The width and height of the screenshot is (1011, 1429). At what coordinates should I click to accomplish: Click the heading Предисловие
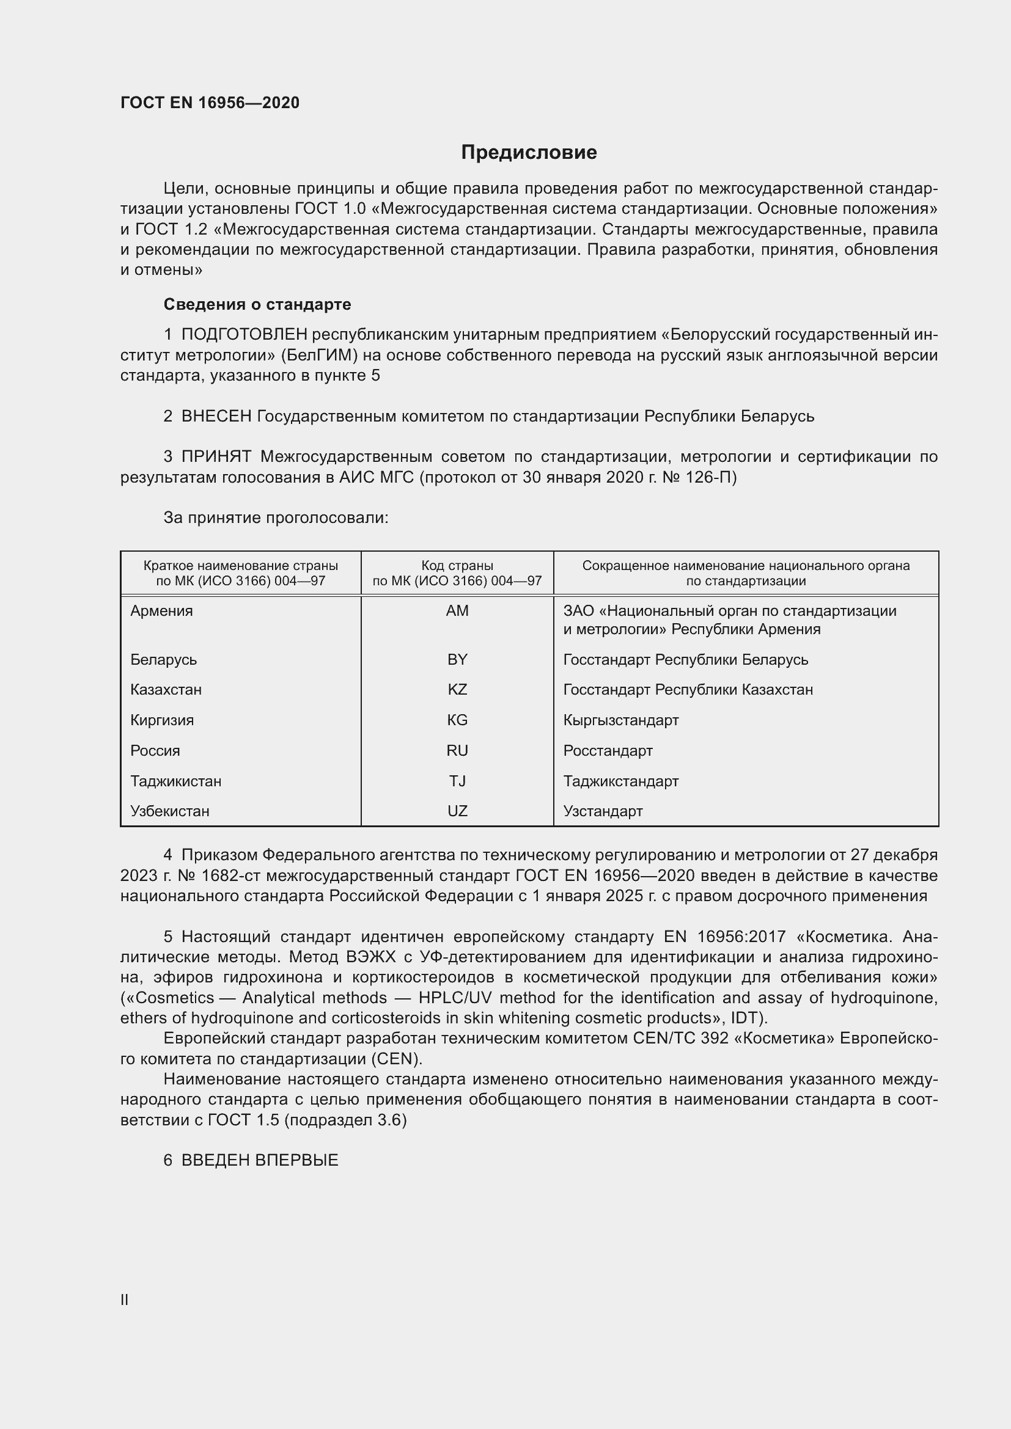(529, 153)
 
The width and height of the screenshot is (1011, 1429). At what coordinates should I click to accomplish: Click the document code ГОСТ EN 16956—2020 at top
(210, 103)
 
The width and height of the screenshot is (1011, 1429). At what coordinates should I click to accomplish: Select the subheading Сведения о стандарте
(257, 304)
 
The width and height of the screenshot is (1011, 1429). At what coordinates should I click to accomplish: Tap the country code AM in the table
(457, 610)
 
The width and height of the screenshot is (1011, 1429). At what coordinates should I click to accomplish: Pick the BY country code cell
(457, 659)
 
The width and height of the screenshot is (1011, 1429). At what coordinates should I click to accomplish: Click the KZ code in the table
(457, 690)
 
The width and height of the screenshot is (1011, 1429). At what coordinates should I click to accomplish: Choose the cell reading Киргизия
(162, 720)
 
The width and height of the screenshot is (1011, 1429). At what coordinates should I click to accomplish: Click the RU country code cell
(457, 751)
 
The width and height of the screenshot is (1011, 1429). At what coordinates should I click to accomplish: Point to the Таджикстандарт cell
(620, 781)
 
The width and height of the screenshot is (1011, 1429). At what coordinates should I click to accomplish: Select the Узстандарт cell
(603, 811)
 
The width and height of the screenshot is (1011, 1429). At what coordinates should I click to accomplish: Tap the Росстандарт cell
(608, 751)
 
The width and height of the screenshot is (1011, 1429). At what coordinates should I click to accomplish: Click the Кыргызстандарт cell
(620, 720)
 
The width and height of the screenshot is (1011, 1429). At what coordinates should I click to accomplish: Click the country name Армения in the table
(161, 610)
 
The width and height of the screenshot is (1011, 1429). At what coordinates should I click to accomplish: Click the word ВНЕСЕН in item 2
(216, 416)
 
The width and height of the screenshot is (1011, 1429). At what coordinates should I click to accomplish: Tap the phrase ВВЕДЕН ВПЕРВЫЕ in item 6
(260, 1160)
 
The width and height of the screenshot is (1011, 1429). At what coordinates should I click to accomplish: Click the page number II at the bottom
(125, 1299)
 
